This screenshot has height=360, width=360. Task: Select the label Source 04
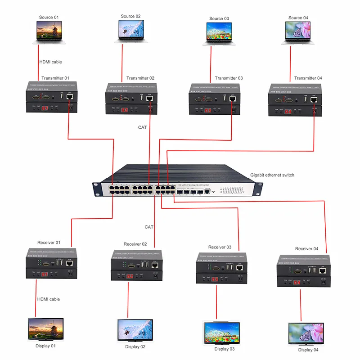[x=298, y=18]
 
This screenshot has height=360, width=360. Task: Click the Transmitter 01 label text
[x=55, y=78]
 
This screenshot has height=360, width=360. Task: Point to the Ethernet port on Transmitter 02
[x=149, y=99]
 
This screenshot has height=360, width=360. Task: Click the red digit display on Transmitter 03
[x=207, y=110]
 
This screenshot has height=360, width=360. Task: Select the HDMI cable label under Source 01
[x=50, y=62]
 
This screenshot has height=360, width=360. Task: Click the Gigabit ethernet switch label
[x=272, y=175]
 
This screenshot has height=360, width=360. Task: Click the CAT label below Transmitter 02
[x=142, y=127]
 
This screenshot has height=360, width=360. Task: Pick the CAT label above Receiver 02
[x=149, y=227]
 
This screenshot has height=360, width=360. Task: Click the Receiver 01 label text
[x=49, y=243]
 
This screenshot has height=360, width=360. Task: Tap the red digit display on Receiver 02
[x=130, y=275]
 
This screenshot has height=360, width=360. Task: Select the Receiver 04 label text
[x=306, y=249]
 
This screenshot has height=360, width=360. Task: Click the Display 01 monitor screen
[x=46, y=328]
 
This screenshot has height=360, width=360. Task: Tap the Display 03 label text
[x=225, y=349]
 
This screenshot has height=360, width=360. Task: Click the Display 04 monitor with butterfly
[x=306, y=333]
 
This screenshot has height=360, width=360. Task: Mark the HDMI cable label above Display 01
[x=48, y=299]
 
